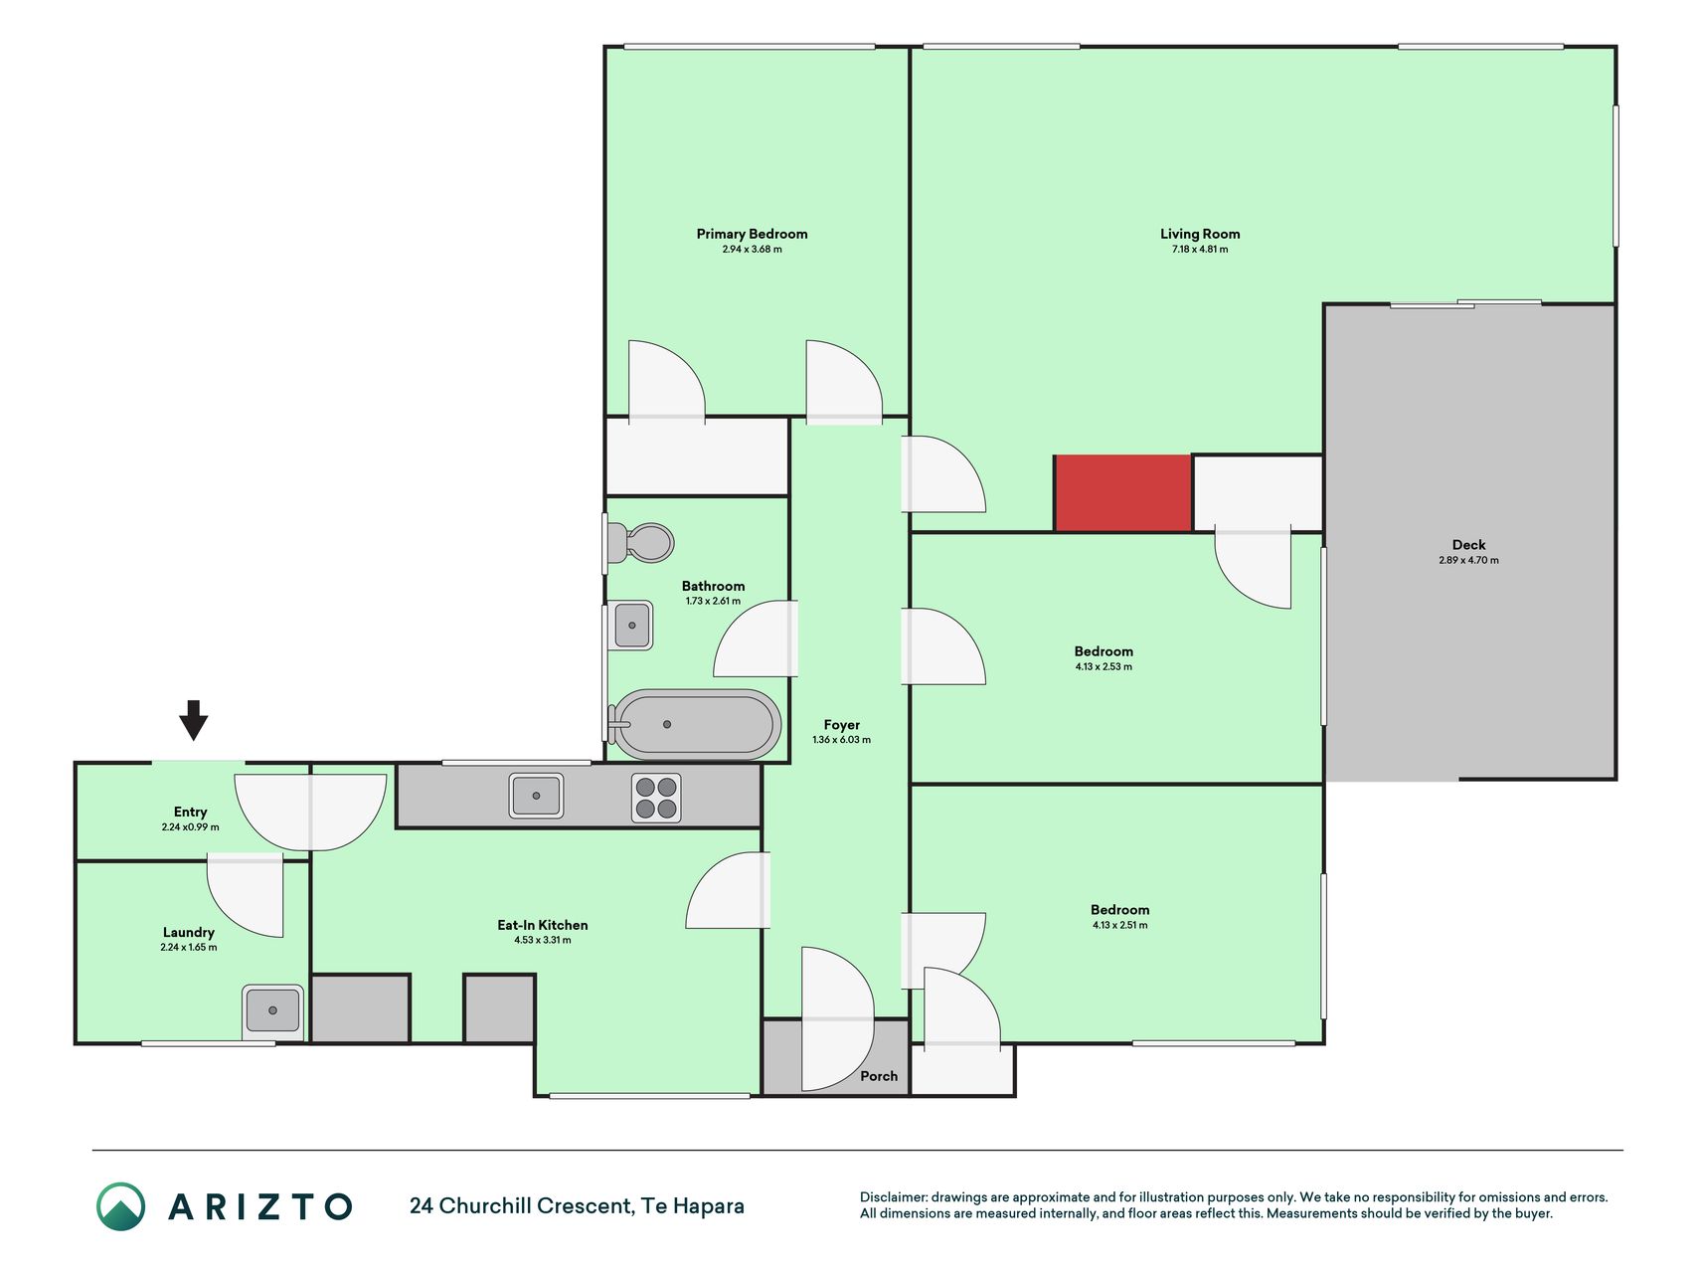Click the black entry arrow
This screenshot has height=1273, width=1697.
tap(193, 720)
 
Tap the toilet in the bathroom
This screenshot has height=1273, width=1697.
tap(640, 543)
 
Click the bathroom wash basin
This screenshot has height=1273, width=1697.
tap(631, 626)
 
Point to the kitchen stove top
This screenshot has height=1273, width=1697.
tap(656, 798)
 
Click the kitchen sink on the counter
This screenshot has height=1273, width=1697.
tap(536, 796)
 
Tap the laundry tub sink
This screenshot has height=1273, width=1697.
tap(272, 1010)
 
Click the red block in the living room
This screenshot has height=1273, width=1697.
tap(1122, 492)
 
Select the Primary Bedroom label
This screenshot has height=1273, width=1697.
tap(752, 234)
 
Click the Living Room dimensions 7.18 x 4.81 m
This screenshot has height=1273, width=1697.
tap(1200, 250)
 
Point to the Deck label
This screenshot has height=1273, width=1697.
tap(1468, 545)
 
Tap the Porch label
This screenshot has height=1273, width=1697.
tap(879, 1076)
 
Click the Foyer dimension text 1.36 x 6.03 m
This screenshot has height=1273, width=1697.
tap(841, 740)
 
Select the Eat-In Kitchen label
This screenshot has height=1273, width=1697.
tap(543, 925)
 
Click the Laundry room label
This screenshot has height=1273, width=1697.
tap(189, 933)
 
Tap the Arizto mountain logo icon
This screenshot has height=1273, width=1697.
tap(120, 1206)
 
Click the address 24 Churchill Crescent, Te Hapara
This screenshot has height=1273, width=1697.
tap(577, 1206)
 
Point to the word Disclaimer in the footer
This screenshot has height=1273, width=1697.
tap(893, 1197)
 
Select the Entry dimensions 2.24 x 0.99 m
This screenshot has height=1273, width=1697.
tap(191, 827)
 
